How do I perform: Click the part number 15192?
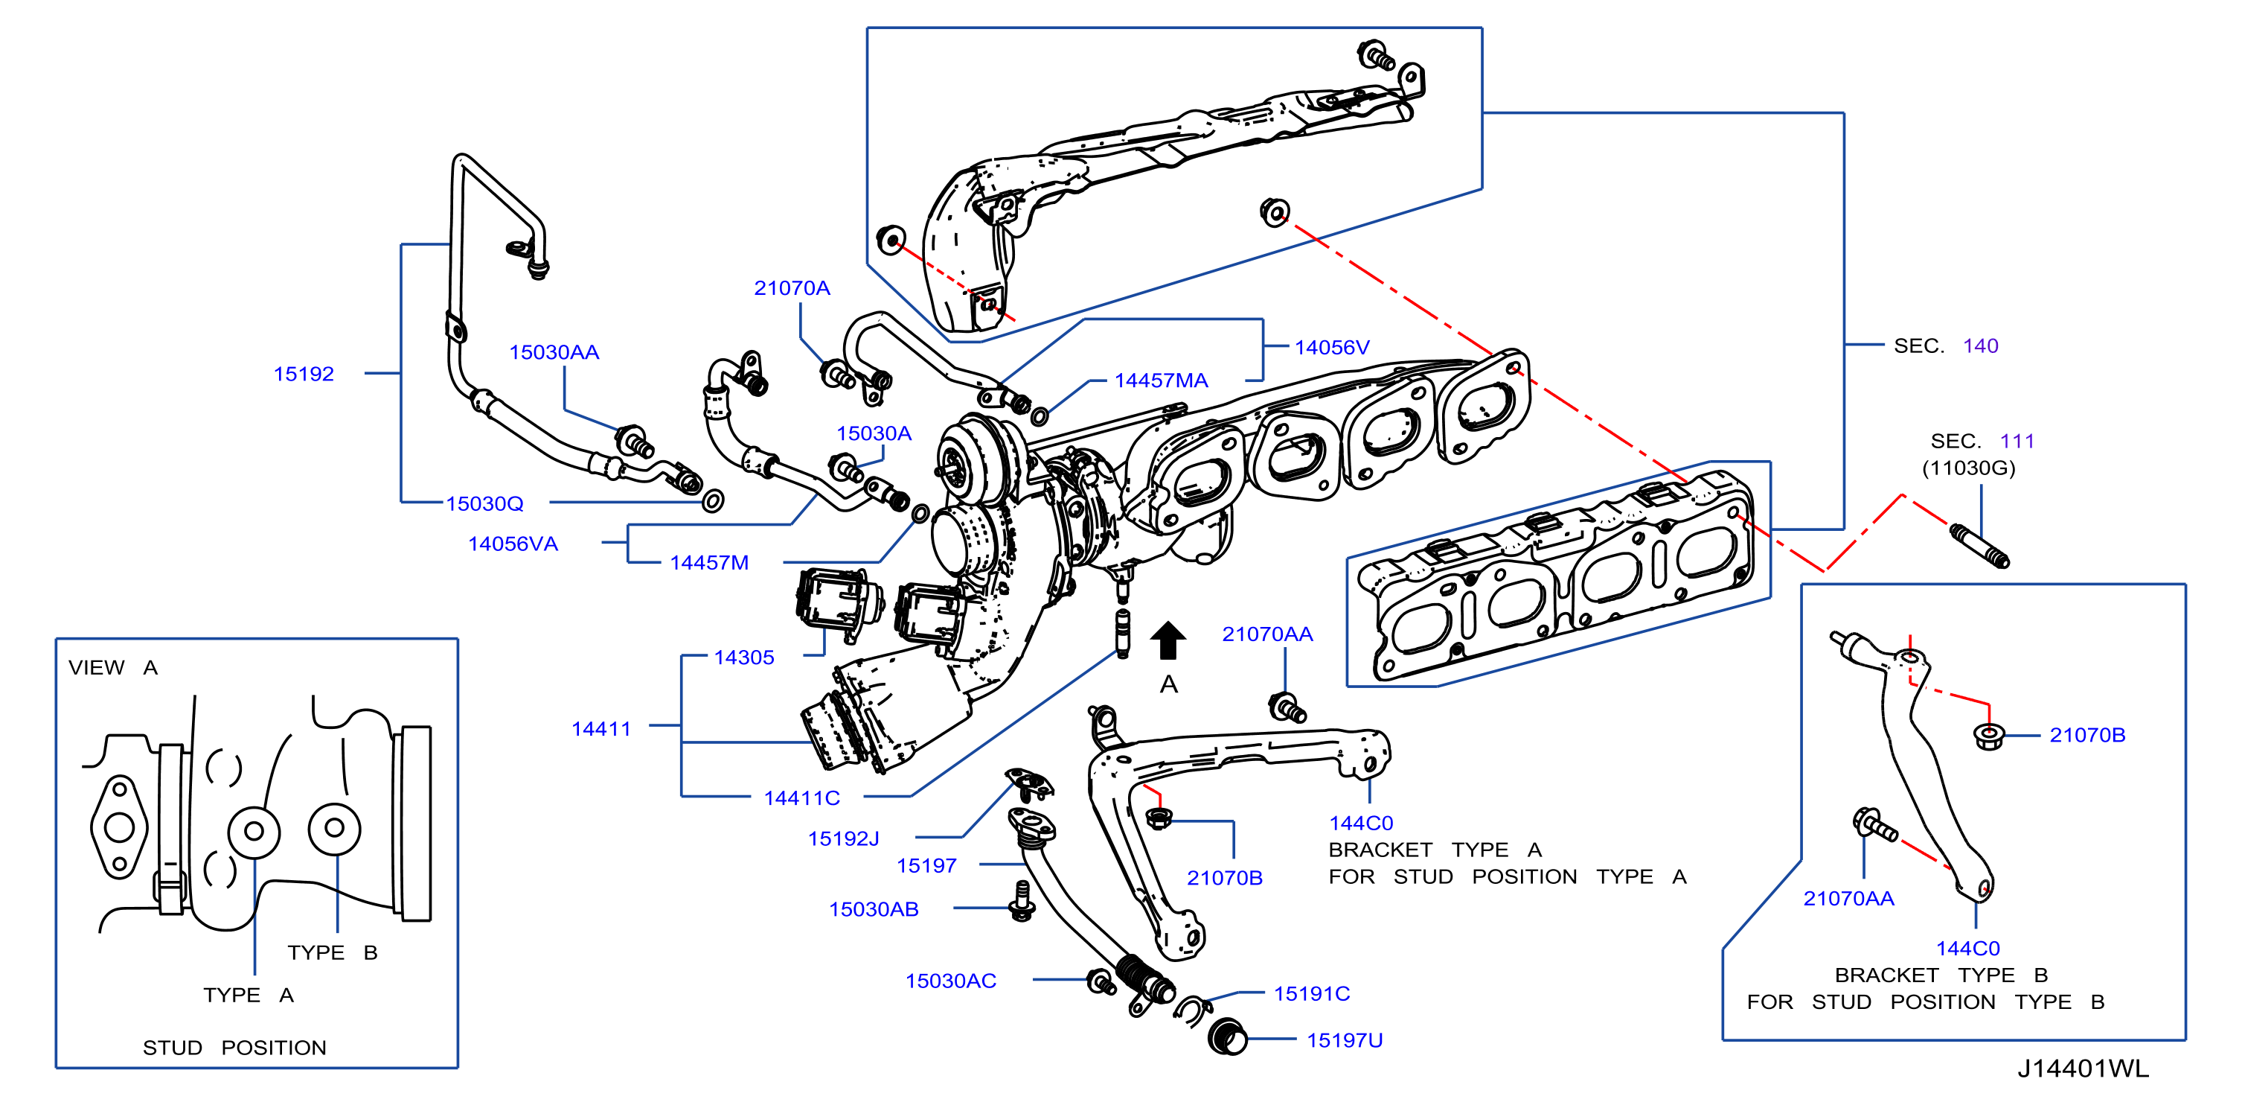click(304, 374)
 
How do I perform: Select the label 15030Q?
click(484, 503)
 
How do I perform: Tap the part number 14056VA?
click(513, 544)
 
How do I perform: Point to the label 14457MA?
click(1161, 380)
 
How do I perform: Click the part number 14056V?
click(1332, 348)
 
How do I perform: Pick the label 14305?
click(744, 657)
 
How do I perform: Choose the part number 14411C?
click(801, 797)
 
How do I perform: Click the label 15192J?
click(843, 838)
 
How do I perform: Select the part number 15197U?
click(1345, 1039)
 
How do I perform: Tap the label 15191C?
click(1312, 993)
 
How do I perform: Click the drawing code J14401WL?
click(2083, 1069)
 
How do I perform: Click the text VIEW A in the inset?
click(113, 668)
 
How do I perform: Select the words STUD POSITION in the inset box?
click(235, 1048)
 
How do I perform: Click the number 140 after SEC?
click(1980, 345)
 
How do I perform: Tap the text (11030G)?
click(1969, 468)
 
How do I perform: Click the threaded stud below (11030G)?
click(1979, 546)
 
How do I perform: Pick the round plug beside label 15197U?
click(1228, 1036)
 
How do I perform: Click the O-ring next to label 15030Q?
click(713, 500)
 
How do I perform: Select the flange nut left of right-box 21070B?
click(1989, 736)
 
